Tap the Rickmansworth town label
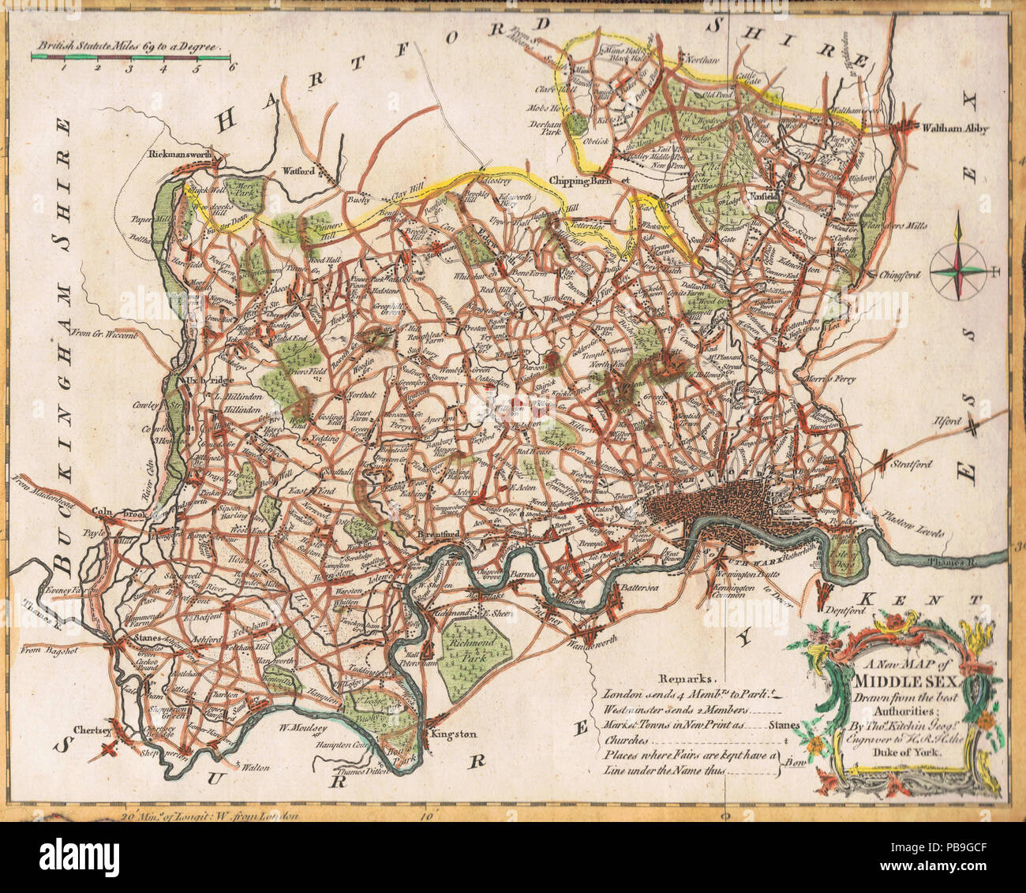(x=182, y=155)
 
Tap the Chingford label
(x=897, y=275)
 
